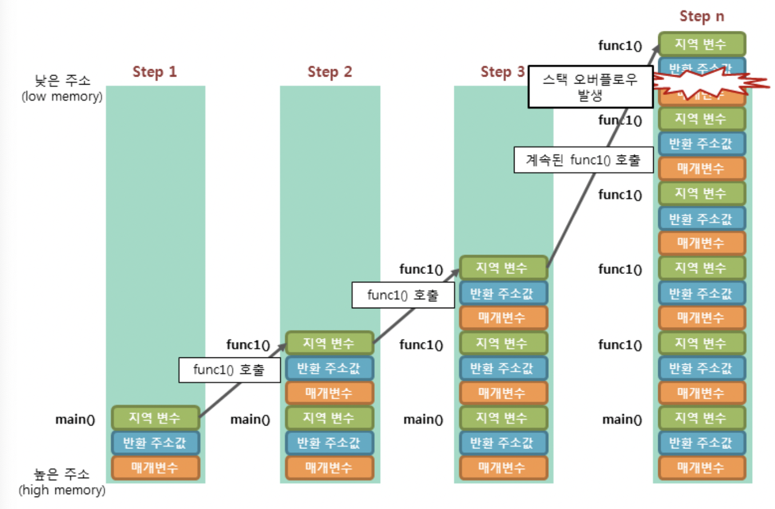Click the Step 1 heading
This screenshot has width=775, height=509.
pyautogui.click(x=155, y=72)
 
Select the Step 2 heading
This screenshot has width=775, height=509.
pyautogui.click(x=330, y=72)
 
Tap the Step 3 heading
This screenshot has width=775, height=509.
pyautogui.click(x=503, y=72)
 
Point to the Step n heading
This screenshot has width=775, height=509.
pyautogui.click(x=702, y=16)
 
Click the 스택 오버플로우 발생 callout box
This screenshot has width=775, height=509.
pyautogui.click(x=590, y=87)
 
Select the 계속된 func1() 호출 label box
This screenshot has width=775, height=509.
pyautogui.click(x=583, y=161)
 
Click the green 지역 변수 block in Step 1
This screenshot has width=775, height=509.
pyautogui.click(x=155, y=418)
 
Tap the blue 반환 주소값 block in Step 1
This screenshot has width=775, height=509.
pyautogui.click(x=155, y=443)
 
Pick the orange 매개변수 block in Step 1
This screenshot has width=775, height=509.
pyautogui.click(x=155, y=467)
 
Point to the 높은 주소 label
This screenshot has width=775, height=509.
pyautogui.click(x=62, y=475)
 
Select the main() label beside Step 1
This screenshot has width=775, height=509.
pyautogui.click(x=75, y=419)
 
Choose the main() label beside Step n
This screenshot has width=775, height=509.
pyautogui.click(x=622, y=419)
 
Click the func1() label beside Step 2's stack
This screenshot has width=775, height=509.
pyautogui.click(x=248, y=344)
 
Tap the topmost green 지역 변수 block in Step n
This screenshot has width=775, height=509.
pyautogui.click(x=702, y=44)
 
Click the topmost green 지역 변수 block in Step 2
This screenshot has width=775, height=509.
pyautogui.click(x=329, y=343)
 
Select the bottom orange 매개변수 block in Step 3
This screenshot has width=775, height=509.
pyautogui.click(x=503, y=467)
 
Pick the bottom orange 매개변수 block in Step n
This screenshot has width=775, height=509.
pyautogui.click(x=702, y=467)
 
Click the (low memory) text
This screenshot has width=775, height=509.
pyautogui.click(x=62, y=96)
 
